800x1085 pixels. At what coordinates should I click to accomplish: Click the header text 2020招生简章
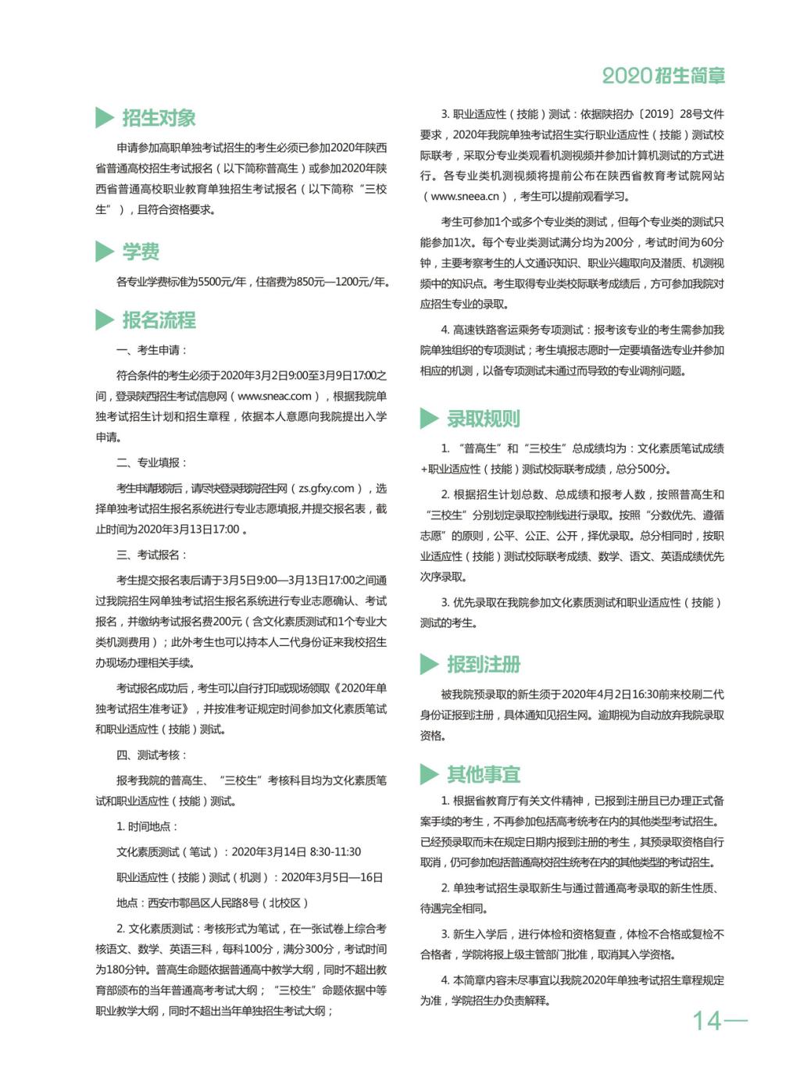pyautogui.click(x=663, y=76)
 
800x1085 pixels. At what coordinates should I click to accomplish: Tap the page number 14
pyautogui.click(x=707, y=1020)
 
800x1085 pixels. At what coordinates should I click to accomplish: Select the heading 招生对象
pyautogui.click(x=159, y=118)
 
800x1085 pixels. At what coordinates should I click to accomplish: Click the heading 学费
pyautogui.click(x=141, y=252)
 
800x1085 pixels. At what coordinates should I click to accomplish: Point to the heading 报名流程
pyautogui.click(x=159, y=320)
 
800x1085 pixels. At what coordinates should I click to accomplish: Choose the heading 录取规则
pyautogui.click(x=483, y=419)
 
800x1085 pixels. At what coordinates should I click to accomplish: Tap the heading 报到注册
pyautogui.click(x=483, y=665)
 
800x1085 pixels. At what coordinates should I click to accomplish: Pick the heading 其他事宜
pyautogui.click(x=483, y=774)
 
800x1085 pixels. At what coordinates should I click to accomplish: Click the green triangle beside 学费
pyautogui.click(x=104, y=252)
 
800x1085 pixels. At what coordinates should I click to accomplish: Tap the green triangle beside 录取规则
pyautogui.click(x=428, y=419)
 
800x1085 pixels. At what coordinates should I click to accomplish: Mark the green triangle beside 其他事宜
pyautogui.click(x=428, y=774)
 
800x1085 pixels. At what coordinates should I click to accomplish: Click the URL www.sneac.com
pyautogui.click(x=274, y=396)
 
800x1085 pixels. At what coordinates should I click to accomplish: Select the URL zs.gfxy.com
pyautogui.click(x=326, y=488)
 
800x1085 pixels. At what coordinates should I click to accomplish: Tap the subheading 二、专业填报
pyautogui.click(x=152, y=462)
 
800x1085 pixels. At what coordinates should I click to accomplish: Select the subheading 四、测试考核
pyautogui.click(x=152, y=755)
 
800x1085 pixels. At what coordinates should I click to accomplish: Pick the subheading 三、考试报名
pyautogui.click(x=152, y=555)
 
